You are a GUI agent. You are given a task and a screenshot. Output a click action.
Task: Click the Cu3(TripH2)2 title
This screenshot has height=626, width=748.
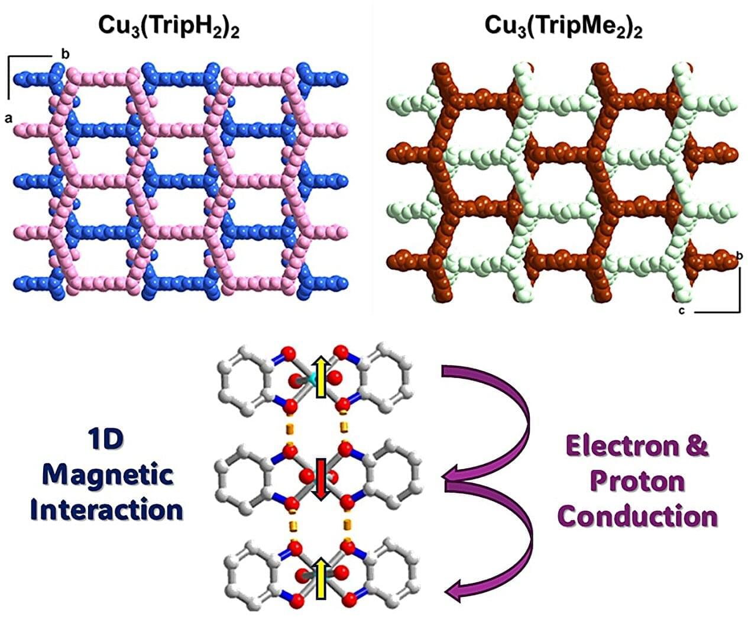point(169,27)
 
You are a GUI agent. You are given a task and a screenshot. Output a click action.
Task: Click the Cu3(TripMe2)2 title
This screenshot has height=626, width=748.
point(563,27)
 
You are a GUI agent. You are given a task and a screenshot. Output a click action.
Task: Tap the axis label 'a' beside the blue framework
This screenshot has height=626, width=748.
point(9,118)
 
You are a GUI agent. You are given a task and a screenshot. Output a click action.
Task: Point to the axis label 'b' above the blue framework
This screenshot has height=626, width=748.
point(65,54)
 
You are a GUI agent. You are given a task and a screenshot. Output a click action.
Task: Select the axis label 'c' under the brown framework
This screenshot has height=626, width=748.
point(681,311)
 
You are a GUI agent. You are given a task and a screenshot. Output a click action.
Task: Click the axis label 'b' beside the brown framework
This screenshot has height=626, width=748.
point(739,256)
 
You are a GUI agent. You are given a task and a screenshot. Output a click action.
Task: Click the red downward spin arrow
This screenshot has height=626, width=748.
point(320,479)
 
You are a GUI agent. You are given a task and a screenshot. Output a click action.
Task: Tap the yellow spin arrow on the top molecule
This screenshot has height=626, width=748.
point(321,377)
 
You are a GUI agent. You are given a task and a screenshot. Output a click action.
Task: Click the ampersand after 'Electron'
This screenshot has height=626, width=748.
point(696,446)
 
